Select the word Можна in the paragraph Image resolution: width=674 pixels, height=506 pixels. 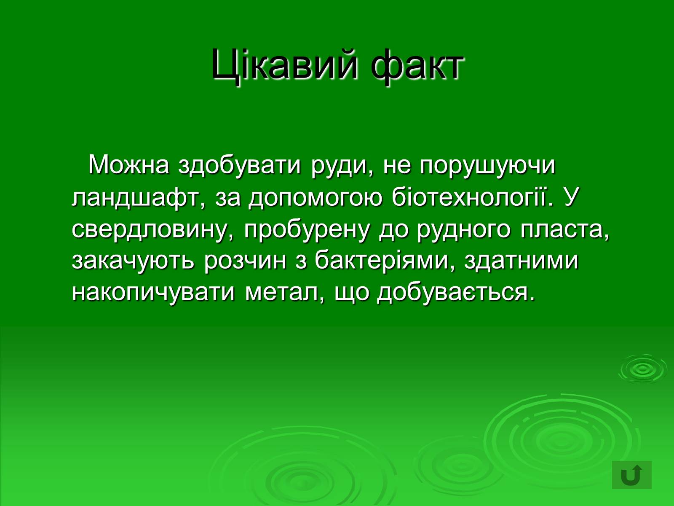click(x=129, y=165)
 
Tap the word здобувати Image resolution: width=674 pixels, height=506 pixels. click(x=240, y=166)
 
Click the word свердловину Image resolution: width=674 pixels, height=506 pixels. click(x=155, y=230)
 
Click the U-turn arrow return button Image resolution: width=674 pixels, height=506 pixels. click(x=631, y=475)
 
